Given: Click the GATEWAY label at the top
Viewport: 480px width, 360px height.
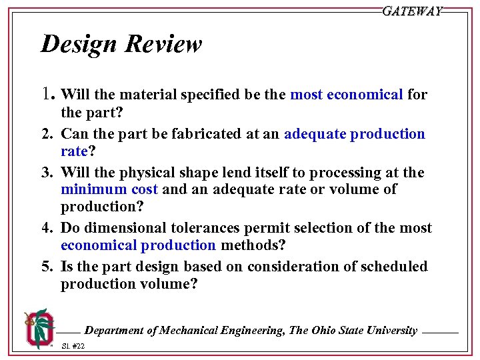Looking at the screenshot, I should point(412,11).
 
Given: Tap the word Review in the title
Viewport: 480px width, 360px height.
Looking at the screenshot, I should point(163,45).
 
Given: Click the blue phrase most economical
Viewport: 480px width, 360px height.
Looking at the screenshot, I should point(346,95).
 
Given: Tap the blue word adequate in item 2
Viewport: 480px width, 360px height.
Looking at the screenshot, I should point(315,134).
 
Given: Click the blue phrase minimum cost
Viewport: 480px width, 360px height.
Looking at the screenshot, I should point(110,189).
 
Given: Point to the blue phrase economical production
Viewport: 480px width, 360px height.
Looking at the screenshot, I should point(138,245).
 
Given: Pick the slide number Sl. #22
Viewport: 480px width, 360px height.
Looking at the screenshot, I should point(73,346).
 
